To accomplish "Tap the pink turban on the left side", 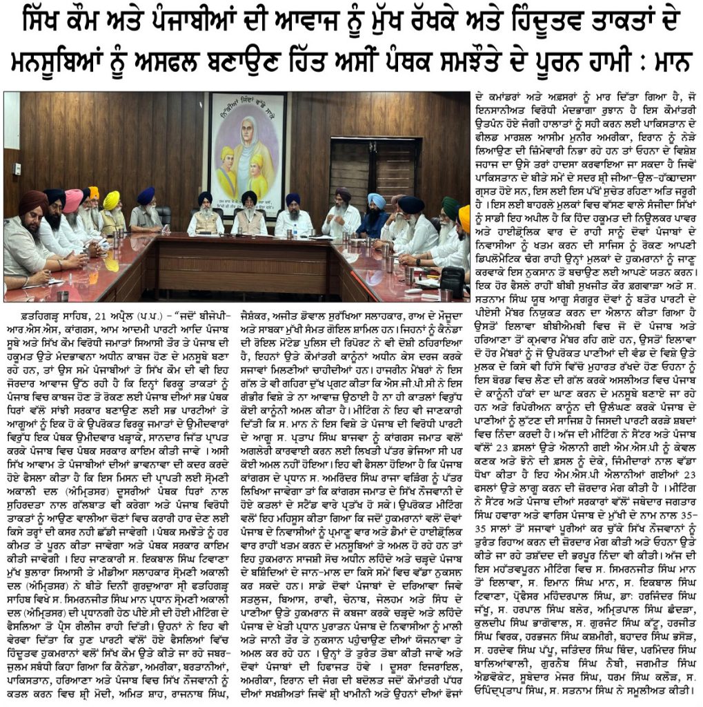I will [x=73, y=200].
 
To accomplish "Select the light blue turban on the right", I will [x=376, y=201].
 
